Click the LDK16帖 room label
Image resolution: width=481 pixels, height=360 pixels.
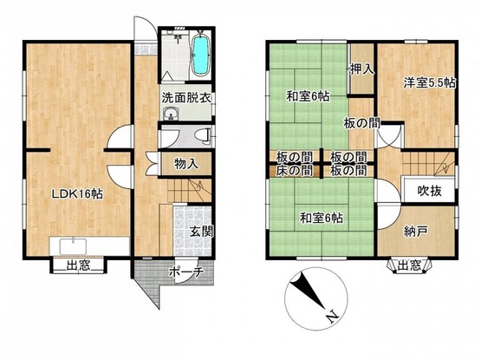[77, 194]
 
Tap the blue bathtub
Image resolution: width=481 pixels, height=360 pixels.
[200, 56]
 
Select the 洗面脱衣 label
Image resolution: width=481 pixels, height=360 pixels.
[186, 98]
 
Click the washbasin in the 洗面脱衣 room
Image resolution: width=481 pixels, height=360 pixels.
[171, 115]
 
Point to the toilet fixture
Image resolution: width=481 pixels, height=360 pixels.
[203, 135]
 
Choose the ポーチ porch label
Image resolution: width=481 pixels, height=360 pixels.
[186, 272]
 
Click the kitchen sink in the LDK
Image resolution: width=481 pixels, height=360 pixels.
[74, 246]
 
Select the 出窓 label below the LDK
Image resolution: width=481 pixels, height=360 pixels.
[79, 265]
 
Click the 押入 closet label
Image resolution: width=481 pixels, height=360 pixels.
[362, 69]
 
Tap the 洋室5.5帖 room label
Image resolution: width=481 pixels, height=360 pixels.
[430, 82]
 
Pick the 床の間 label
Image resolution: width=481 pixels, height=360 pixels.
[295, 170]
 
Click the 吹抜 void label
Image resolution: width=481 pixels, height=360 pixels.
[430, 191]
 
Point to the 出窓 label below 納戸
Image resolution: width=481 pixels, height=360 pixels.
[410, 265]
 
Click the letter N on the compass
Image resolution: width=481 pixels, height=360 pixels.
[332, 317]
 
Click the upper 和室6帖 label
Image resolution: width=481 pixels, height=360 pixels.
[308, 96]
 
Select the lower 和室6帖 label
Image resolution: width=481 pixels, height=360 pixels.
[322, 218]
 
